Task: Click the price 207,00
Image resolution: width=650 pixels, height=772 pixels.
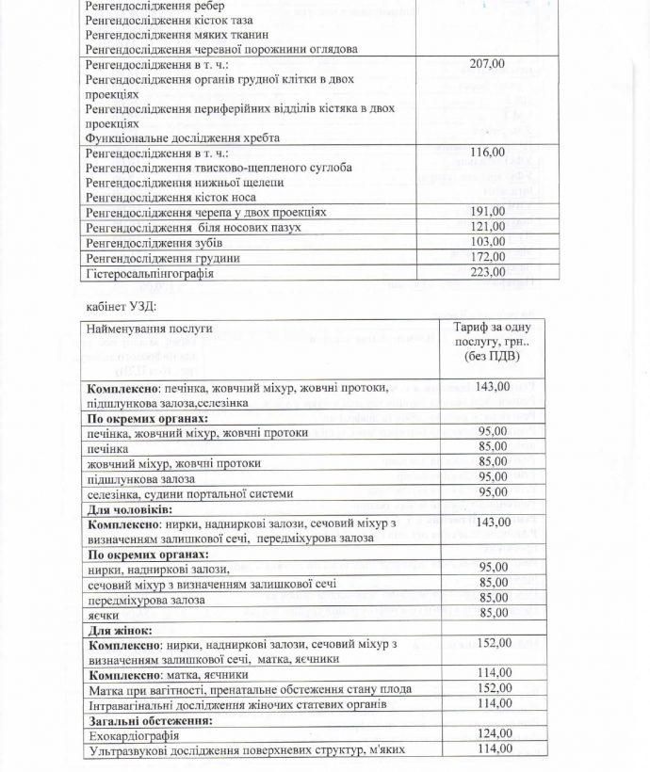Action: [x=487, y=63]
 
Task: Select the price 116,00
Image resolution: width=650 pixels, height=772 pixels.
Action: [x=487, y=153]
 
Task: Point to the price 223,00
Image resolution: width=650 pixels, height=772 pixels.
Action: [x=487, y=273]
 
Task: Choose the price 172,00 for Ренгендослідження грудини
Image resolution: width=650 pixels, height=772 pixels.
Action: [x=487, y=257]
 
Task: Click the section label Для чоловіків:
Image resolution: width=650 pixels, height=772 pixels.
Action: [x=131, y=508]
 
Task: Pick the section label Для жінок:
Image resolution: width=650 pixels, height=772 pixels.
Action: [x=121, y=630]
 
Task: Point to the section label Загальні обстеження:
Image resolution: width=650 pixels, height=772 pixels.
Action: [x=149, y=720]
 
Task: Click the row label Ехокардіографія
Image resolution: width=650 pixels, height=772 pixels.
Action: [x=133, y=734]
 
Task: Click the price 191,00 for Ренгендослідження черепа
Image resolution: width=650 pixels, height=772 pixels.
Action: [x=487, y=212]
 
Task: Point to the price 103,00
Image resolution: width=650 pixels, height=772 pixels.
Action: [x=487, y=242]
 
